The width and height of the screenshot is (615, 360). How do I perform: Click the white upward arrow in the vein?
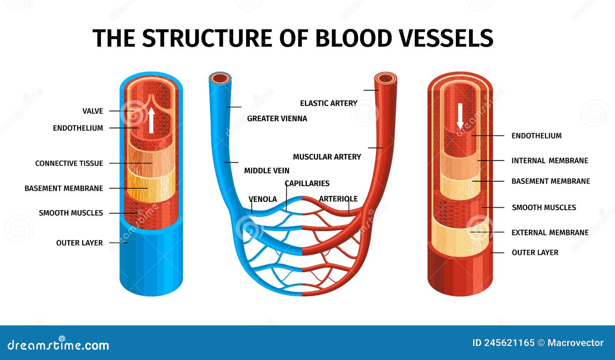[x=151, y=120]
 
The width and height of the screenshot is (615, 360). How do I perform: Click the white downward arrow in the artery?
[x=460, y=116]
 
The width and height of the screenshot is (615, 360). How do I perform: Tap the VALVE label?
[x=93, y=111]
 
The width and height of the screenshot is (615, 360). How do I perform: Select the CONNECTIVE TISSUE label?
[x=69, y=163]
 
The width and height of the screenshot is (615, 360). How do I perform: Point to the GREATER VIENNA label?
[x=277, y=118]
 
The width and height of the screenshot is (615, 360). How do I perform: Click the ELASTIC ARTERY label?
[x=329, y=103]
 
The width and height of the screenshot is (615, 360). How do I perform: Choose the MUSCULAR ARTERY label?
[x=327, y=157]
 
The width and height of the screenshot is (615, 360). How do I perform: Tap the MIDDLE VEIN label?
[x=267, y=170]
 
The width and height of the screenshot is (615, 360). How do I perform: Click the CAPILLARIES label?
[x=307, y=183]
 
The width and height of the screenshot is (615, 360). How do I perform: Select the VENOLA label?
[x=263, y=199]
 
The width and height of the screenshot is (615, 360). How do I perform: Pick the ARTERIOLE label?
[x=338, y=199]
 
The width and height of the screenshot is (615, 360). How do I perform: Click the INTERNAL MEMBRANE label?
[x=550, y=161]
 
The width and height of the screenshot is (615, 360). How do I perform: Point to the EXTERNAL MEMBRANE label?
[x=550, y=233]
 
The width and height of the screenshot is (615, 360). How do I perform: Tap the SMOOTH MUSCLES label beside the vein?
[x=71, y=213]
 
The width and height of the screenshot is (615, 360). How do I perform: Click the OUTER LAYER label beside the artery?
[x=535, y=253]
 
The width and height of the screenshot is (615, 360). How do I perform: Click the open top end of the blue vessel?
[x=220, y=78]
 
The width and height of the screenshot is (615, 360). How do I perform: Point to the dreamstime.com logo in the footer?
[x=58, y=345]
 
